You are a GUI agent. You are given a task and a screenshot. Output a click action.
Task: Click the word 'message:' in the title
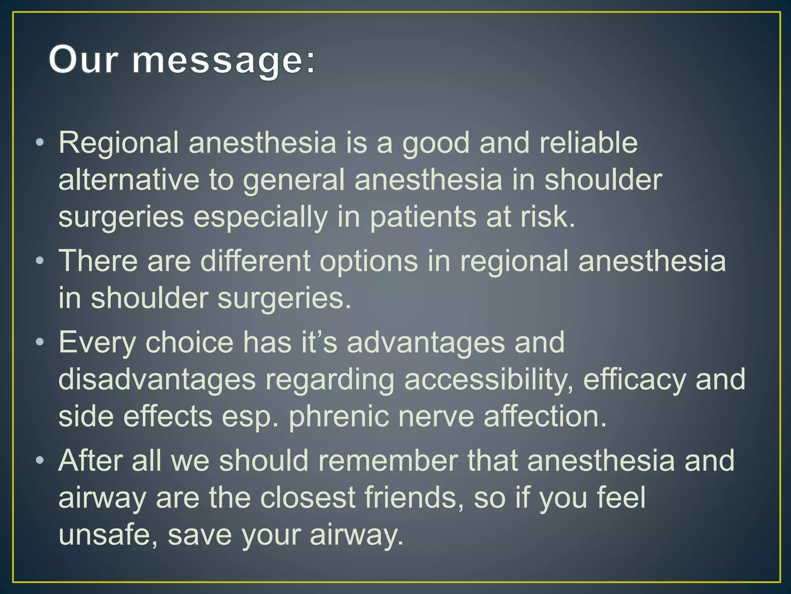pyautogui.click(x=224, y=60)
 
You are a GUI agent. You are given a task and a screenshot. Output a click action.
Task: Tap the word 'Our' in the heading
pyautogui.click(x=83, y=60)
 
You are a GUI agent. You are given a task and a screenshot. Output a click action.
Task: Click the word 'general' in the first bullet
pyautogui.click(x=294, y=181)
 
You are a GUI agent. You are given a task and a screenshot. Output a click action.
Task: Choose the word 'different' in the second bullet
pyautogui.click(x=255, y=261)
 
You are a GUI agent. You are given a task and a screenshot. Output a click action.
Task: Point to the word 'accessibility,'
pyautogui.click(x=489, y=380)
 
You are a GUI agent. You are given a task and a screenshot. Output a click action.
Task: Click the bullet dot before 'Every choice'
pyautogui.click(x=39, y=342)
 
